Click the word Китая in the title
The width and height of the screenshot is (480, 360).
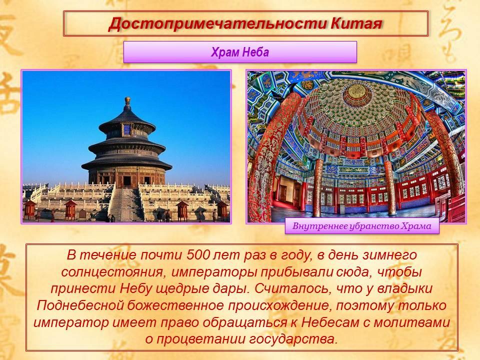point(357,24)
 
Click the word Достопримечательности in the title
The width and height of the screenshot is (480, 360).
point(217,24)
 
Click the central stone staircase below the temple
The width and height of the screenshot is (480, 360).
point(125,204)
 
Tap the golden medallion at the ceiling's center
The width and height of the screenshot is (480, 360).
point(356,92)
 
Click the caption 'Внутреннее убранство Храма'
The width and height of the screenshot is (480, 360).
point(362,226)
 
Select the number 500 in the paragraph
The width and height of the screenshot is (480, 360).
point(197,255)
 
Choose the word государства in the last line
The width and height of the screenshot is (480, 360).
point(293,339)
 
